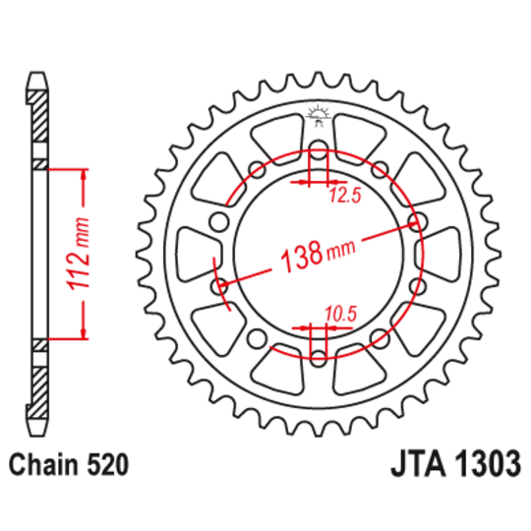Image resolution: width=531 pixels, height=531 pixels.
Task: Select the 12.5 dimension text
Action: point(345,196)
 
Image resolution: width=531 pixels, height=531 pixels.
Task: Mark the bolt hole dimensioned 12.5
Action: point(318,151)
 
